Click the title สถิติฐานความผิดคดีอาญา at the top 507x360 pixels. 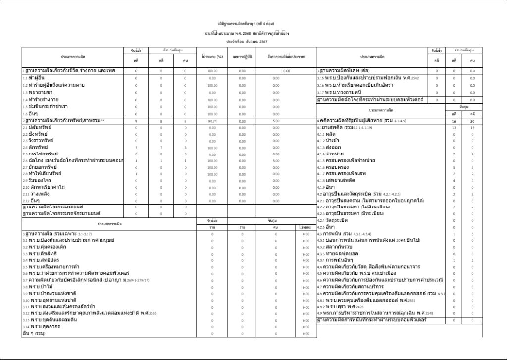point(246,23)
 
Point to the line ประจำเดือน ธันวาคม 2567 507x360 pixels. point(247,42)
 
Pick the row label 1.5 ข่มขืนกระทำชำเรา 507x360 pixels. point(45,106)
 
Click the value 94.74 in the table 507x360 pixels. point(212,121)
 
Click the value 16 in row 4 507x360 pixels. point(453,121)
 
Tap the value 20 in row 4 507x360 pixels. point(472,121)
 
